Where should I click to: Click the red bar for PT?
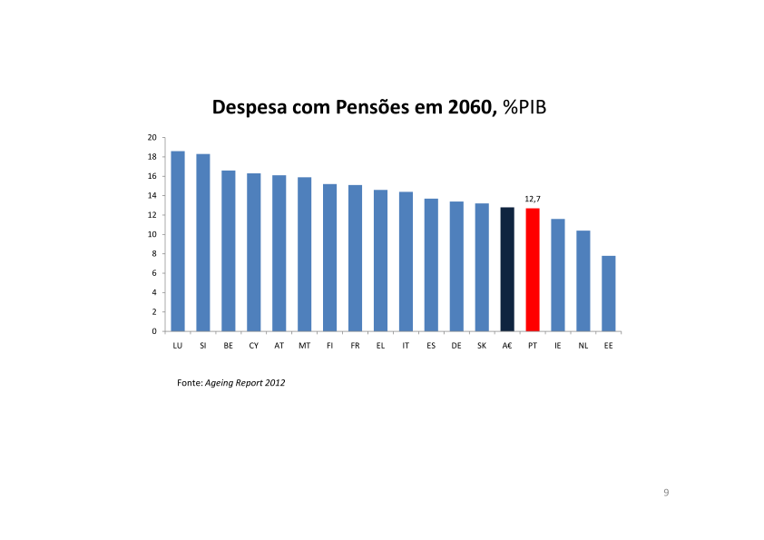[533, 270]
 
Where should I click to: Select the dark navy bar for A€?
[507, 270]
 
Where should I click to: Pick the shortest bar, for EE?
[609, 293]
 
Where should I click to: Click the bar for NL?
[583, 280]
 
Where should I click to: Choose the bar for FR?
[355, 258]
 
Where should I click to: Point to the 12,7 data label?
[534, 198]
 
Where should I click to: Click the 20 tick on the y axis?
[152, 137]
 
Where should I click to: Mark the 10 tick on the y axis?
[152, 234]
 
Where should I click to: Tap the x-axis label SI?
[203, 346]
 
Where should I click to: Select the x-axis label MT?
[304, 346]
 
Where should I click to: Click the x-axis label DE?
[456, 346]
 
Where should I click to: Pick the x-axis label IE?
[558, 346]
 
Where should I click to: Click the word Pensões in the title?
[371, 107]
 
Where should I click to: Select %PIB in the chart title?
[528, 107]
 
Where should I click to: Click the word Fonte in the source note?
[188, 383]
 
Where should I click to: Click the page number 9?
[666, 492]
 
